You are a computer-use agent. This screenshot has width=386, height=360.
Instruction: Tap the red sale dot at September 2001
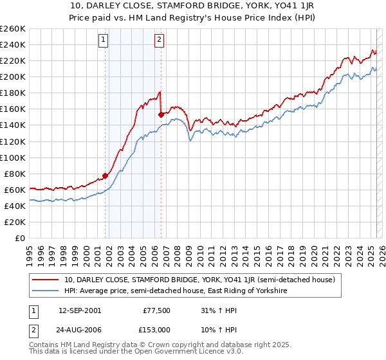(105, 175)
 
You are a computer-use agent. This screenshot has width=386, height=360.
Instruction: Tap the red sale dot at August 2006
(161, 114)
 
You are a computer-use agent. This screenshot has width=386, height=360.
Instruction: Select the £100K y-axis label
(13, 157)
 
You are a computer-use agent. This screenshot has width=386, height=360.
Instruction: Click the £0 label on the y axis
(19, 238)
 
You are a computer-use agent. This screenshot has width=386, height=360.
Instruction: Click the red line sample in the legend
(46, 280)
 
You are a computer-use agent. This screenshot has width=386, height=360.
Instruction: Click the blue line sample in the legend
(46, 291)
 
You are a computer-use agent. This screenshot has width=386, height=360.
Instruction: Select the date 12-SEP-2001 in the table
(79, 310)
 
